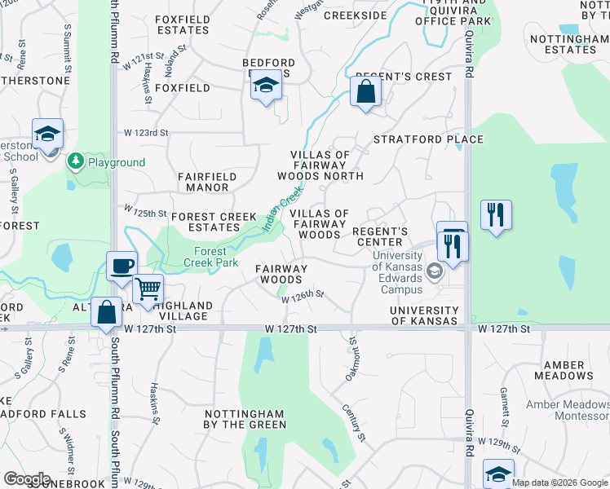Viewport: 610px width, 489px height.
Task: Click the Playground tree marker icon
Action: click(x=76, y=161)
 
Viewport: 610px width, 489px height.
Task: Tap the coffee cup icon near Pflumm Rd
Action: click(x=122, y=266)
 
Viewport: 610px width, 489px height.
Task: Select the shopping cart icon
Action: click(x=148, y=289)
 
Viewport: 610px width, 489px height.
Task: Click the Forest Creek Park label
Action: click(x=210, y=258)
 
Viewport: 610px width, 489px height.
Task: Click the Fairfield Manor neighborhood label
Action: click(x=207, y=182)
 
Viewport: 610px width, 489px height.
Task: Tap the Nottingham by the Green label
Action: click(x=245, y=419)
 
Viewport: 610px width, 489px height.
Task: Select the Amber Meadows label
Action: click(x=564, y=370)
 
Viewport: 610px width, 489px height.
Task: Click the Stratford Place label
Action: click(x=428, y=139)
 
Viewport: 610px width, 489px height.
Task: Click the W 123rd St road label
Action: click(x=146, y=132)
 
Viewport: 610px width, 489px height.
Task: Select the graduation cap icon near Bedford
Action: click(x=265, y=85)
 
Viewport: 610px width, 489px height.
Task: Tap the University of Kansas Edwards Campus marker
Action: click(x=434, y=272)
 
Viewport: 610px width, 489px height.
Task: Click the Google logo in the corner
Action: click(x=27, y=479)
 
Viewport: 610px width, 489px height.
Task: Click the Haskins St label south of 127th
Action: click(x=156, y=404)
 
